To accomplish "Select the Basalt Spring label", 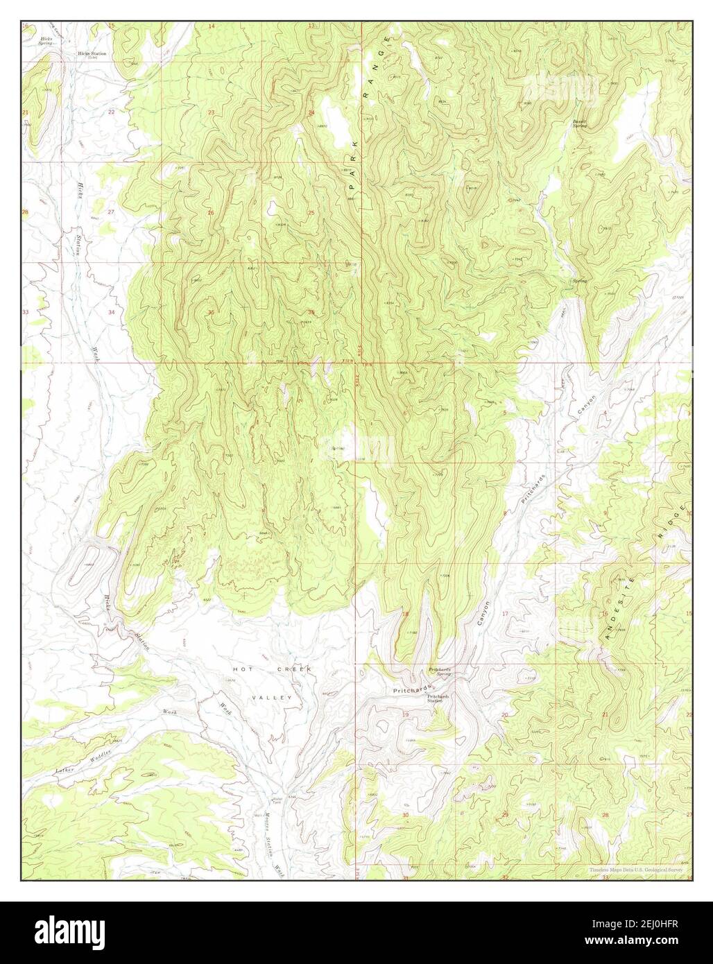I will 579,124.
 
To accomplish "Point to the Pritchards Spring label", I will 440,672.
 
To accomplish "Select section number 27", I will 111,212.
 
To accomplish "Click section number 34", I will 111,312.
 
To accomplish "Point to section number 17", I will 505,614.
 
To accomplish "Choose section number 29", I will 505,814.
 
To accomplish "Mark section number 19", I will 406,714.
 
